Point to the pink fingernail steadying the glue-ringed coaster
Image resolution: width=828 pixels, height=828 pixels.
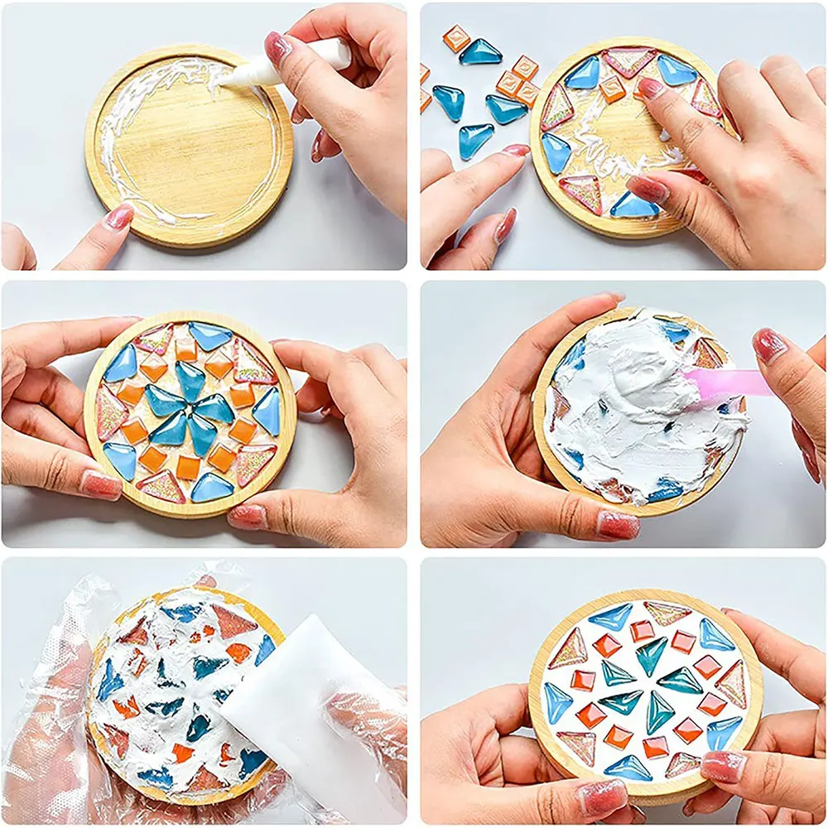click(x=118, y=218)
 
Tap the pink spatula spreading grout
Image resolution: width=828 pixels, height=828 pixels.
click(x=720, y=383)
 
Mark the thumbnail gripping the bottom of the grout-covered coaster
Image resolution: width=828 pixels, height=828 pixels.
click(x=618, y=525)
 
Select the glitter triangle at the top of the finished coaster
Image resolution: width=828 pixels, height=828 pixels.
click(x=667, y=613)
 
